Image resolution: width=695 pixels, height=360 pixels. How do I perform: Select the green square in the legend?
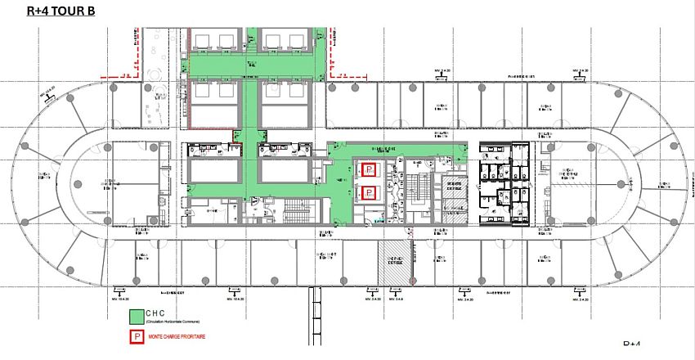pos(135,316)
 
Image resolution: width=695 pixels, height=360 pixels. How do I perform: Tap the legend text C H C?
pos(159,312)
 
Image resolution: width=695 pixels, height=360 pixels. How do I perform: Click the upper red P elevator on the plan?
pos(369,169)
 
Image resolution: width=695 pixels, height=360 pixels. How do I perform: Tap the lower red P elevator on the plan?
pos(369,193)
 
